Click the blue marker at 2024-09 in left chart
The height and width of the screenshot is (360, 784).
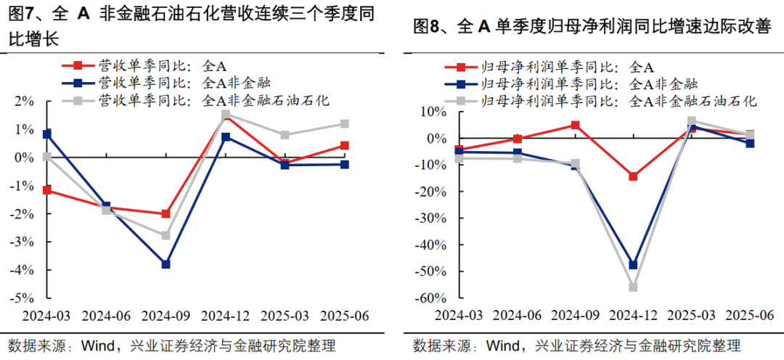click(166, 264)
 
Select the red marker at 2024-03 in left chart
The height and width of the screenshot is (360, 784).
click(46, 190)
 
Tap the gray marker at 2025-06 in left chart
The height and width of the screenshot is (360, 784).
click(344, 124)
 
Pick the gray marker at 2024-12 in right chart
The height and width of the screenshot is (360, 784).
click(633, 287)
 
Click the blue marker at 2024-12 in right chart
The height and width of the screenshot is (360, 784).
click(633, 265)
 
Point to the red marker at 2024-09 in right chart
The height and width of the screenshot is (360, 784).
click(575, 125)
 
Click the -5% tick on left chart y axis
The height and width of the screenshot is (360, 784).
click(23, 298)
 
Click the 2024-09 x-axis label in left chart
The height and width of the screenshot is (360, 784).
click(166, 316)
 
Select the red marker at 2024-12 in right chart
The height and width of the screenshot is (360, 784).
click(633, 176)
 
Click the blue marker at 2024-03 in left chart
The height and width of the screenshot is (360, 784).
click(46, 134)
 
